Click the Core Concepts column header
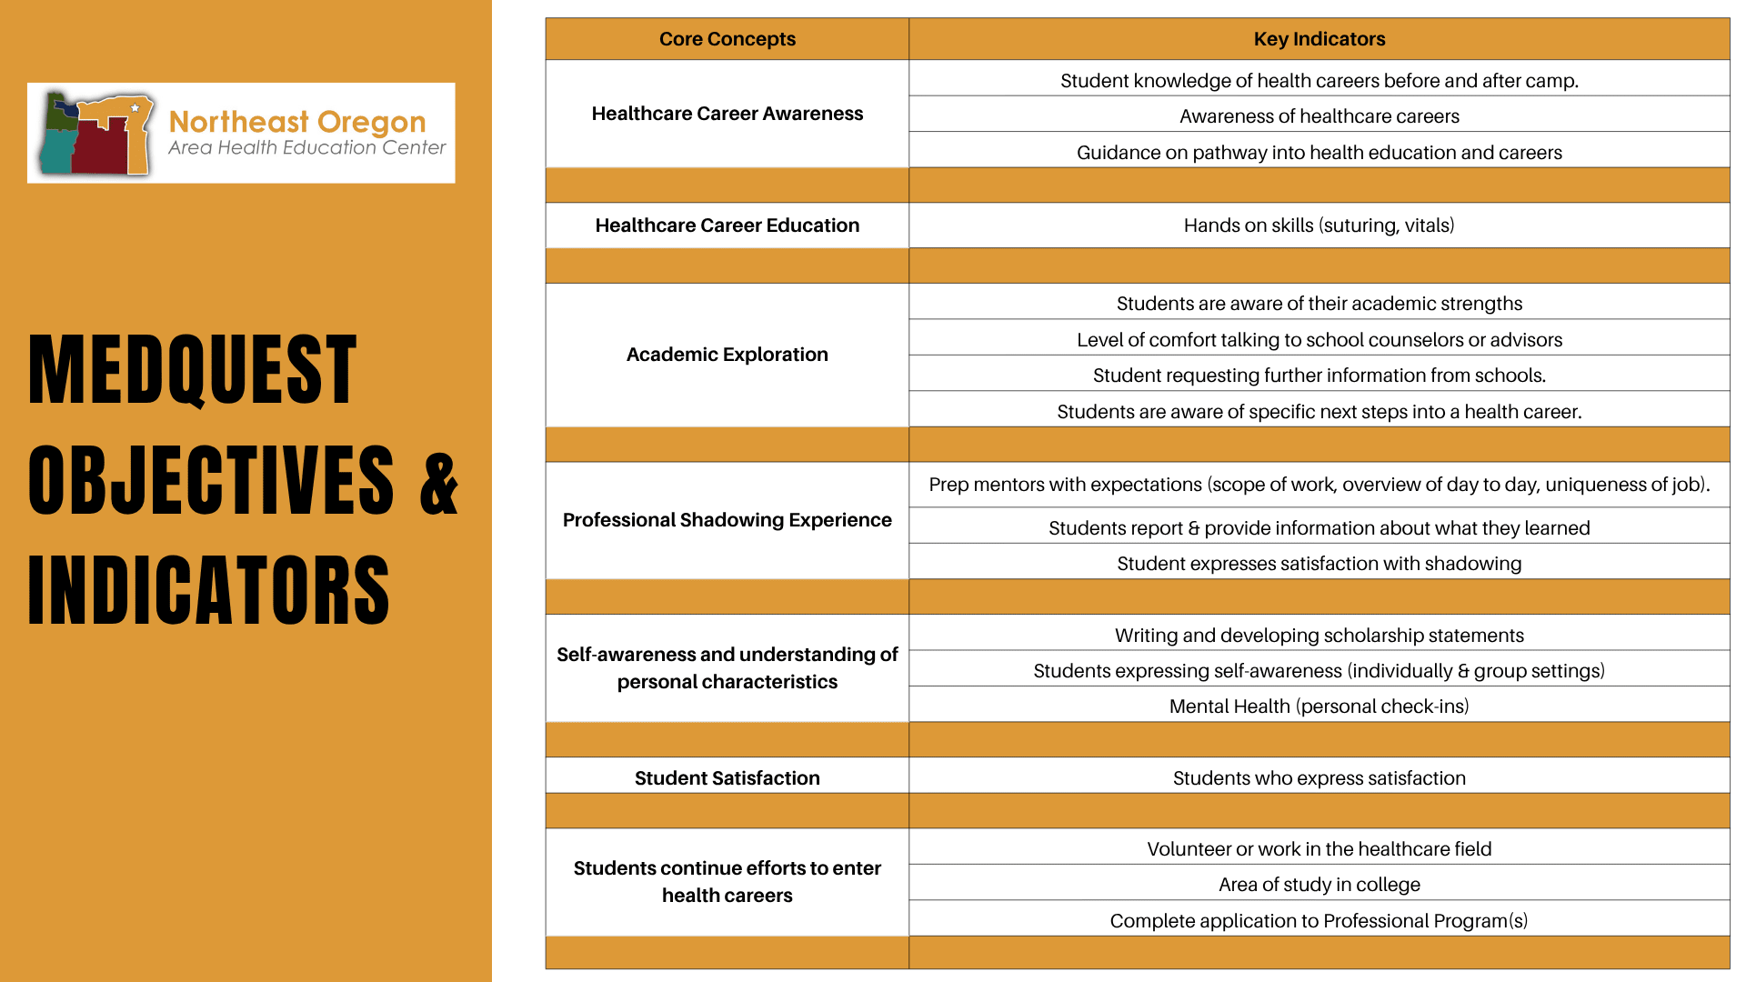tap(727, 39)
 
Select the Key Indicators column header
tap(1319, 39)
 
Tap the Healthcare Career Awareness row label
tap(727, 114)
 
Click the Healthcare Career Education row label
tap(727, 225)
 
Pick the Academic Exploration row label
tap(727, 355)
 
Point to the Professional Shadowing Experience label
tap(727, 520)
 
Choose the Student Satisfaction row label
tap(727, 778)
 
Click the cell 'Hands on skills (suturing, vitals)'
tap(1319, 225)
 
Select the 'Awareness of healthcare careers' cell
tap(1319, 116)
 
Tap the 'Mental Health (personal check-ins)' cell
tap(1319, 706)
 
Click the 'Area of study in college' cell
tap(1319, 885)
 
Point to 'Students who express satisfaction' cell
tap(1319, 778)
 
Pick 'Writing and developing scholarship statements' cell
tap(1319, 636)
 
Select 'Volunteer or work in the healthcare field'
tap(1319, 849)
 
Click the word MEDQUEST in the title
tap(193, 369)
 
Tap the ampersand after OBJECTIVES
tap(439, 482)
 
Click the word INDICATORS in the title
tap(209, 591)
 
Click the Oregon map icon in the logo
tap(96, 133)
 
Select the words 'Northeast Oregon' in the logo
tap(297, 121)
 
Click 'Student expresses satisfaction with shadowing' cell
tap(1319, 564)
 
